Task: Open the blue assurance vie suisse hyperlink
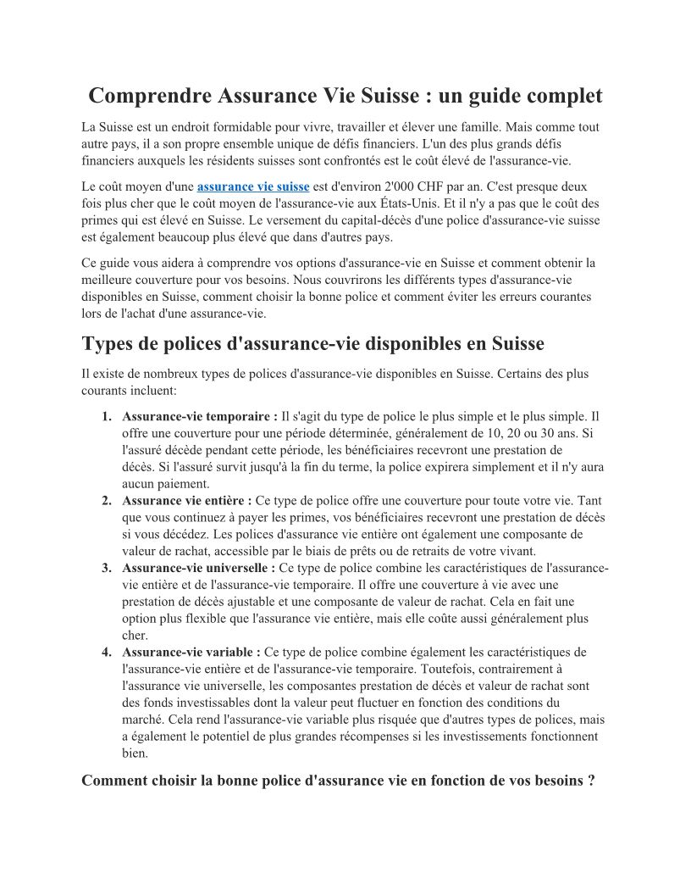(x=252, y=186)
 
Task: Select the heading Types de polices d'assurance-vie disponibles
(x=312, y=344)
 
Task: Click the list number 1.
(x=106, y=416)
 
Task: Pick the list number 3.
(x=106, y=568)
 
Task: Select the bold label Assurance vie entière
(x=186, y=500)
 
